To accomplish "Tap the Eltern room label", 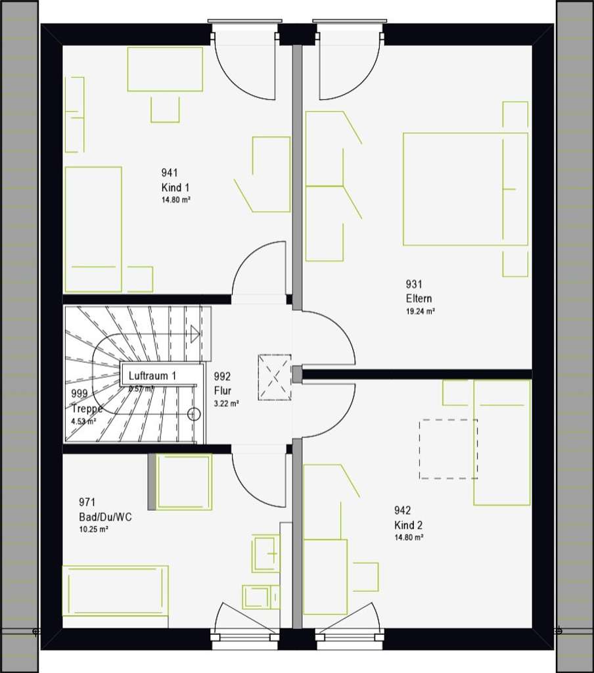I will (419, 298).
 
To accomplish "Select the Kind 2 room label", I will (408, 525).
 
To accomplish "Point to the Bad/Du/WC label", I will (105, 517).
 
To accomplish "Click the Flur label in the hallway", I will (223, 390).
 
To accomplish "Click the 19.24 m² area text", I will (421, 312).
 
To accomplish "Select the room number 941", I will (170, 173).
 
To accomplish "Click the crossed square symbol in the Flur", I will (274, 377).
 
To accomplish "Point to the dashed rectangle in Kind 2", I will (448, 449).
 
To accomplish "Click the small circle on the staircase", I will (193, 414).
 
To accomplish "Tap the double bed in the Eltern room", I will (465, 189).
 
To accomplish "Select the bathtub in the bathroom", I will (115, 590).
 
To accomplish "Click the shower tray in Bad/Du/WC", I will (184, 482).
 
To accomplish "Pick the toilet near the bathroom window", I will (260, 597).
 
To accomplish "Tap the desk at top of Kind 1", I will (164, 69).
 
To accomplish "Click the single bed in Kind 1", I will (93, 229).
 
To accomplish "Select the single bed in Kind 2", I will (501, 442).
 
